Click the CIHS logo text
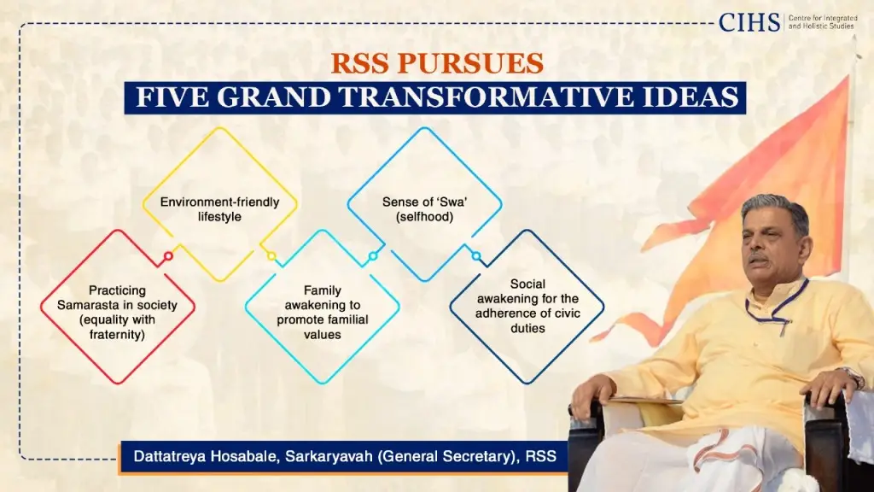point(749,22)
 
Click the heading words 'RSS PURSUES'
point(436,64)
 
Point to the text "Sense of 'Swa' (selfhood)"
point(423,209)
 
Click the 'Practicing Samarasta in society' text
point(118,313)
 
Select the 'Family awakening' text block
point(322,313)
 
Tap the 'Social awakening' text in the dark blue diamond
point(527,305)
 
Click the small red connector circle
point(168,255)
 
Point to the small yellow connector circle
point(271,255)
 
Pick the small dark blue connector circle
point(476,255)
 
